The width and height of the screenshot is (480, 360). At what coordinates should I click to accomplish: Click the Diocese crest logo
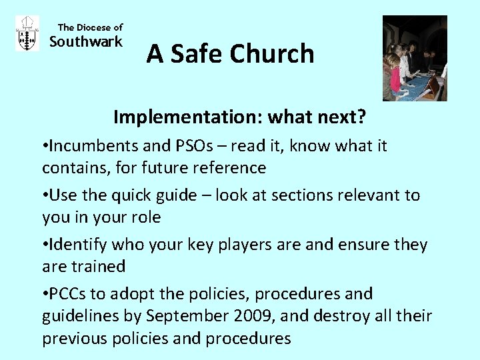tap(27, 34)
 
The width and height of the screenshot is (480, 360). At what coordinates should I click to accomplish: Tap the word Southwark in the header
tap(87, 42)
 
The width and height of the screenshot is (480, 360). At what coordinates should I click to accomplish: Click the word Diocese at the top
tap(93, 27)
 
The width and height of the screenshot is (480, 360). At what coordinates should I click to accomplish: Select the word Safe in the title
tap(196, 54)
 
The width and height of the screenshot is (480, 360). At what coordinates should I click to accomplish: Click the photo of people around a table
tap(414, 58)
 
